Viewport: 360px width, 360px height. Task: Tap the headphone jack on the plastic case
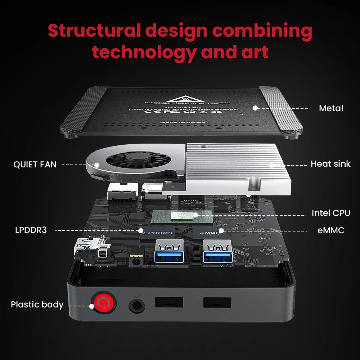pyautogui.click(x=137, y=306)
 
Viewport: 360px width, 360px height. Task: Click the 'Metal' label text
pyautogui.click(x=331, y=108)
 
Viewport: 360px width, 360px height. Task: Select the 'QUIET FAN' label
pyautogui.click(x=35, y=165)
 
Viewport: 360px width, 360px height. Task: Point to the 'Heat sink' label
pyautogui.click(x=330, y=164)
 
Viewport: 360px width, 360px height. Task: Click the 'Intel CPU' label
pyautogui.click(x=331, y=213)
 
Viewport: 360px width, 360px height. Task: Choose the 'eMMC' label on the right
pyautogui.click(x=331, y=230)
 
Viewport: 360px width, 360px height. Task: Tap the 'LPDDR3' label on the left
pyautogui.click(x=31, y=230)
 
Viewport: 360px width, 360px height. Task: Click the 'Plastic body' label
pyautogui.click(x=37, y=305)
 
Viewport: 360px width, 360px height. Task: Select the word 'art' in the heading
pyautogui.click(x=256, y=52)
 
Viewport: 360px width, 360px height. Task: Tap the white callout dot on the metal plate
pyautogui.click(x=255, y=108)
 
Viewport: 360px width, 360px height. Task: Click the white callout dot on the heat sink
pyautogui.click(x=272, y=165)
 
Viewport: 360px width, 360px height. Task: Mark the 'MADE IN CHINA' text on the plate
pyautogui.click(x=183, y=122)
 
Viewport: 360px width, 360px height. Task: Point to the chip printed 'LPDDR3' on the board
pyautogui.click(x=158, y=233)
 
